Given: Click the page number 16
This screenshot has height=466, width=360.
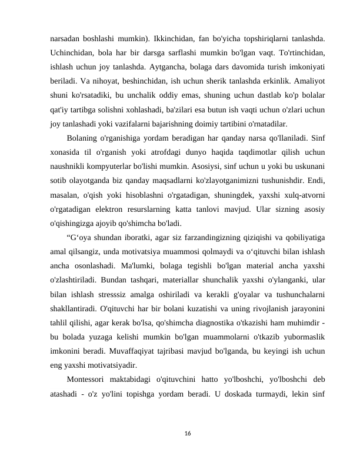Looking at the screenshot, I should tap(187, 433).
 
